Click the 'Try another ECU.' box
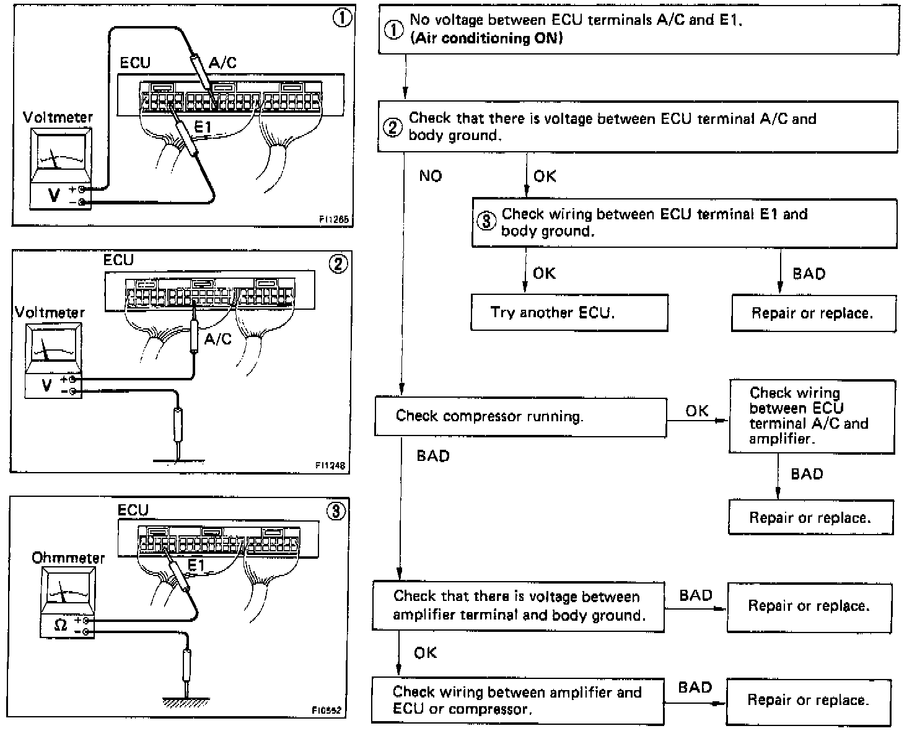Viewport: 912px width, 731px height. (x=569, y=313)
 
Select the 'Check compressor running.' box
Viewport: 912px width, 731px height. (x=520, y=416)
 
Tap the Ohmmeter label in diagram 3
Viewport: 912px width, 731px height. (x=68, y=558)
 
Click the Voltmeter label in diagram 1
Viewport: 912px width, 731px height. (x=58, y=117)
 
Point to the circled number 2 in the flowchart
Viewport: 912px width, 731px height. (x=393, y=128)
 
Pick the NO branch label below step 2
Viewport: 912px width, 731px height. (x=431, y=176)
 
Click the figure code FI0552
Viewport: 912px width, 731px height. (x=327, y=711)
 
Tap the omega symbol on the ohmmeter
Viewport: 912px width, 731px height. (x=60, y=625)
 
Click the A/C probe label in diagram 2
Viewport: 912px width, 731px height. (x=217, y=339)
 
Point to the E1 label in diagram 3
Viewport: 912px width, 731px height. (x=196, y=565)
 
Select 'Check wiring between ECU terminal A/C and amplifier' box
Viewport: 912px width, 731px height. (x=812, y=416)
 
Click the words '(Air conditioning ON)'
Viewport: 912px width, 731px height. (x=486, y=38)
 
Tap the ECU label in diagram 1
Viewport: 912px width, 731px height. (x=135, y=63)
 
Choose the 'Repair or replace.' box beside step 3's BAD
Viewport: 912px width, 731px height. (x=813, y=313)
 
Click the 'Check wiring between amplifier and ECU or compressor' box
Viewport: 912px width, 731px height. (x=517, y=700)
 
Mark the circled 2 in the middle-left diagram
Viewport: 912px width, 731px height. (x=338, y=265)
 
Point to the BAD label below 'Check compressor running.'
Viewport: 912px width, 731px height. (x=433, y=456)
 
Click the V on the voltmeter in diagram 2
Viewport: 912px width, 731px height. (x=46, y=385)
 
